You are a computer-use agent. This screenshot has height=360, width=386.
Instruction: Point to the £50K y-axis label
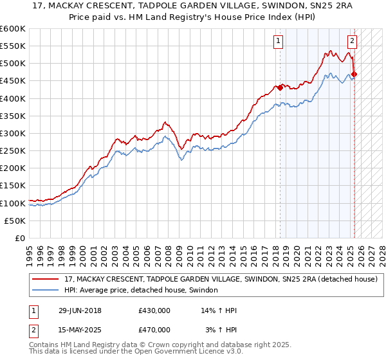click(15, 221)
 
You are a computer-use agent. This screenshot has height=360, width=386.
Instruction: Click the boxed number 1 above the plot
click(278, 42)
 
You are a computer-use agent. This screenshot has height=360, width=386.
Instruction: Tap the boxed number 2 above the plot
click(353, 42)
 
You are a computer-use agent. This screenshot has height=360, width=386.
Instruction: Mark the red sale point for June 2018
click(280, 87)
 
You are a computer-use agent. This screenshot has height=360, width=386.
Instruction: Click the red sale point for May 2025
click(354, 74)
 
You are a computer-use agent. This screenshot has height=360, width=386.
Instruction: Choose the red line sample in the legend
click(46, 280)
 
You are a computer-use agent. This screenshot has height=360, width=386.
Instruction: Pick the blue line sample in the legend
click(46, 291)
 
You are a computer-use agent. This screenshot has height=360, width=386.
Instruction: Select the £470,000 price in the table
click(154, 329)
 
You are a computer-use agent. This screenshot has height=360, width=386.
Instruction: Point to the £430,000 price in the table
click(154, 311)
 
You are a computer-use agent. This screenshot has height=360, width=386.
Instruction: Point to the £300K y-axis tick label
click(13, 133)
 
